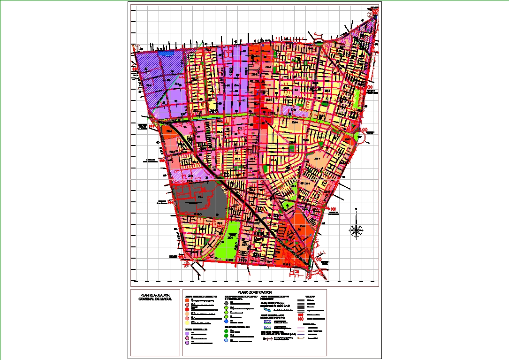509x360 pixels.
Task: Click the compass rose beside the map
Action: pyautogui.click(x=356, y=230)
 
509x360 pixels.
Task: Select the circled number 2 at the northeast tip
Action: pyautogui.click(x=370, y=15)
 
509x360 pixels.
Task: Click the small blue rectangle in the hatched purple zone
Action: pyautogui.click(x=166, y=54)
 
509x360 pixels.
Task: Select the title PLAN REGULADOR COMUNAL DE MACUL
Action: pyautogui.click(x=153, y=297)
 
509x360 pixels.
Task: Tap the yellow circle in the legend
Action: pyautogui.click(x=187, y=323)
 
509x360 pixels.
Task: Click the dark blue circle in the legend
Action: pyautogui.click(x=226, y=322)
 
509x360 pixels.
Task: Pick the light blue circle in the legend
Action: pyautogui.click(x=226, y=340)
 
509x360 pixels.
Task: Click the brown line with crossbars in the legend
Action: pyautogui.click(x=267, y=338)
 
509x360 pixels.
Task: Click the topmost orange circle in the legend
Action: pyautogui.click(x=187, y=299)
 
